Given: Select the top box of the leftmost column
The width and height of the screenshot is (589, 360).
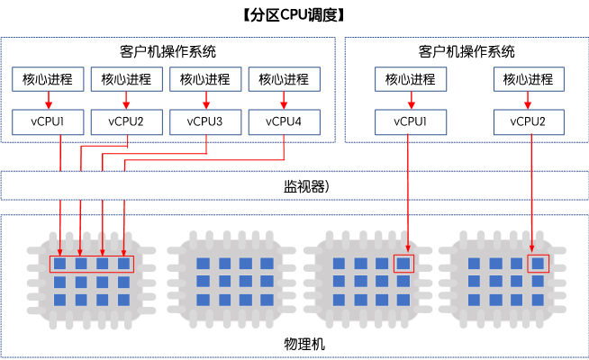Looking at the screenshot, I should tap(49, 79).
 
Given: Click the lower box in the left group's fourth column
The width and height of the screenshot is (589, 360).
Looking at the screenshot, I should tap(284, 121).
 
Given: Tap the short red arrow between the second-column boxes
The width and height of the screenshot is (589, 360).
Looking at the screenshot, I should tap(126, 100).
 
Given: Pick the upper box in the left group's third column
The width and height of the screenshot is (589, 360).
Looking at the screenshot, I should tap(205, 79).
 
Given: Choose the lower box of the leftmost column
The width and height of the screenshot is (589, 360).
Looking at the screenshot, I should tap(49, 121).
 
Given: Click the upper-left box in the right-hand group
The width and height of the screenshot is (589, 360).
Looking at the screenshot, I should tap(411, 79).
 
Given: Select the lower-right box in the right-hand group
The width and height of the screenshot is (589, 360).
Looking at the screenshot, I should tap(529, 121).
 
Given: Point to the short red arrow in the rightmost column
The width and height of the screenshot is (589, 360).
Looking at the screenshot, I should tap(529, 100).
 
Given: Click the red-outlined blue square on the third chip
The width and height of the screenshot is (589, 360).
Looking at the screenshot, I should tap(403, 264).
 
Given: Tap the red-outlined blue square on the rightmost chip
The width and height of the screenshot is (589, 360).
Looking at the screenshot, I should tap(538, 264).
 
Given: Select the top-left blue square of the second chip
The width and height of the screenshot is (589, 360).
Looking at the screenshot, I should tap(203, 264).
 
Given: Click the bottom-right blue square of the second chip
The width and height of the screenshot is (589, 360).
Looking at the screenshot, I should tap(267, 300).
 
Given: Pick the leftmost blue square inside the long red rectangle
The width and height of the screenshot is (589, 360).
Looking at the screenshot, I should tap(59, 264).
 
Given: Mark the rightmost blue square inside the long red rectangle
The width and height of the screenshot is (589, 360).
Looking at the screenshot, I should tap(124, 264).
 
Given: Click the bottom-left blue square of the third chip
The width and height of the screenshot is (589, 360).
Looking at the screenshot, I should tap(339, 300).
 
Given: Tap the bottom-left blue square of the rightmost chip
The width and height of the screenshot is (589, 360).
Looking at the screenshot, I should tap(473, 300).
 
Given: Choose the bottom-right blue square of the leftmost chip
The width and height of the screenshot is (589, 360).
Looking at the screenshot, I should tap(124, 300).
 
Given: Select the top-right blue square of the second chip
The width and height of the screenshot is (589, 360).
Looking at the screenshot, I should tap(267, 264).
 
